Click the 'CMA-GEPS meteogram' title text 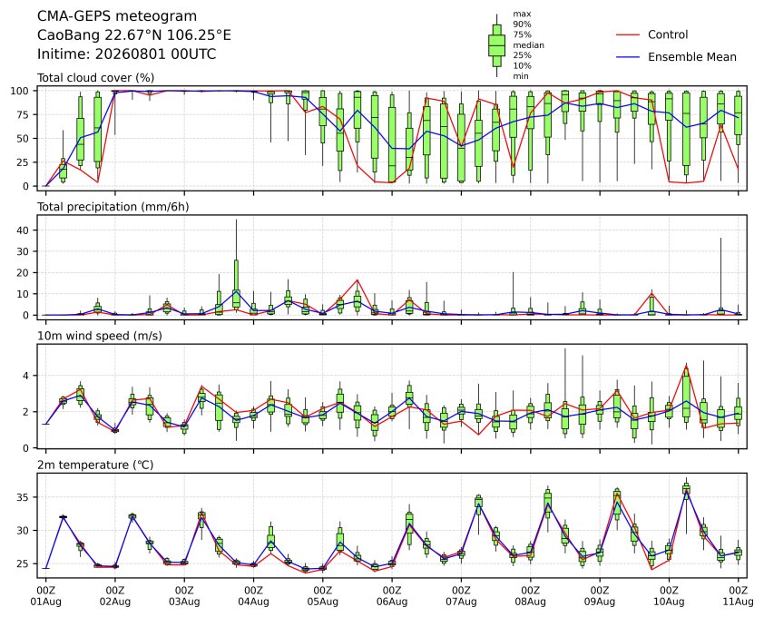117,16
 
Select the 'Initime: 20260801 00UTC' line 127,54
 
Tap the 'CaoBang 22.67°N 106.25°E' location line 134,35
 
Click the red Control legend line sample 628,34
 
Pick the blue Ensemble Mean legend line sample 628,57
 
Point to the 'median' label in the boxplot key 529,44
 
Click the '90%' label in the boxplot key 522,24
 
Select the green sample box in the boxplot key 497,45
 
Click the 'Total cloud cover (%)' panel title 96,78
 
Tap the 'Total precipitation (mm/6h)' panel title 113,207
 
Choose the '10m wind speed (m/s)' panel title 100,336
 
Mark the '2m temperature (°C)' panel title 95,465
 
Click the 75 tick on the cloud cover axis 23,114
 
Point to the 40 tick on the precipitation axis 23,230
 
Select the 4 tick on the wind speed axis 26,376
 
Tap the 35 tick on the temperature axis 23,497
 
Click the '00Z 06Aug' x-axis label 392,596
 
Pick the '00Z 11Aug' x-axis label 739,596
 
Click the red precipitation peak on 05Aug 358,280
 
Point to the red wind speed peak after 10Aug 687,366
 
